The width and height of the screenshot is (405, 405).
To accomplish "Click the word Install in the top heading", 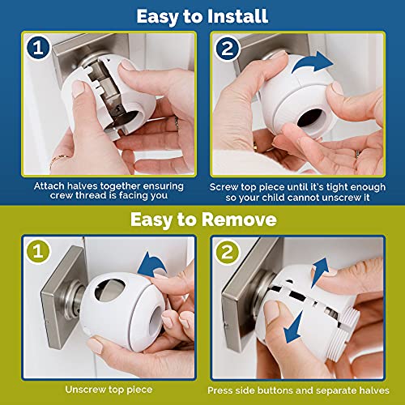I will pyautogui.click(x=235, y=15).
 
